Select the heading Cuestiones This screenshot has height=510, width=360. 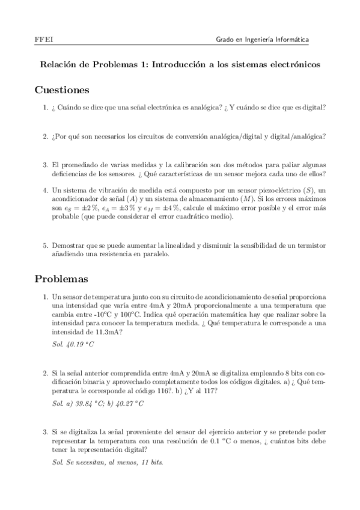tap(62, 90)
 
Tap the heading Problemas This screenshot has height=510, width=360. tap(62, 279)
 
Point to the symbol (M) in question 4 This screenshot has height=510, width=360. tap(242, 199)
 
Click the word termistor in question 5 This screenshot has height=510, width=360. tap(311, 245)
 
